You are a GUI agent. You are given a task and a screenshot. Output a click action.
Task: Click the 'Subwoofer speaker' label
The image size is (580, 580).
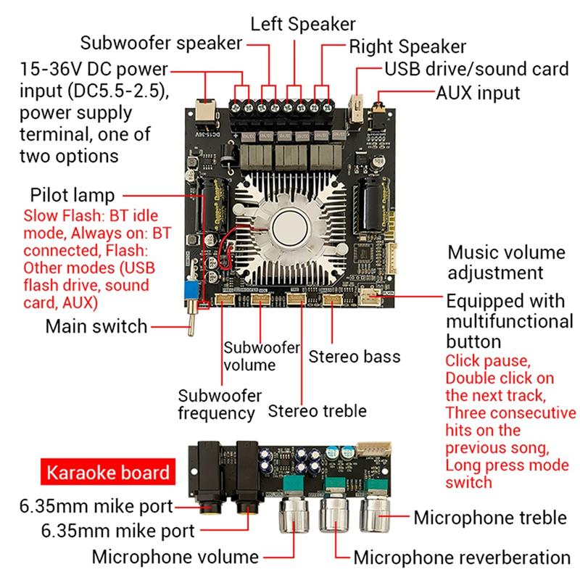[x=161, y=43]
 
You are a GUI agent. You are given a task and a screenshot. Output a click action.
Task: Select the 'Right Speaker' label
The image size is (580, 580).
[x=407, y=47]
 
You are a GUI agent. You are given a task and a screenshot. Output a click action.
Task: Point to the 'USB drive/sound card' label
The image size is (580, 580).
[x=476, y=70]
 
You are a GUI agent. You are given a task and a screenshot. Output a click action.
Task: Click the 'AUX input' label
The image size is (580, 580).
[x=478, y=93]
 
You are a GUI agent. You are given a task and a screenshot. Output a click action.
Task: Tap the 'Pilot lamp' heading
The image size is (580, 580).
[x=72, y=196]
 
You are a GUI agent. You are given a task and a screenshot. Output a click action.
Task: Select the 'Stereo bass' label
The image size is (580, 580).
[x=355, y=357]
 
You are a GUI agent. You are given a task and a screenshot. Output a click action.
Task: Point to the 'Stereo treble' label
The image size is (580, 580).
[x=318, y=410]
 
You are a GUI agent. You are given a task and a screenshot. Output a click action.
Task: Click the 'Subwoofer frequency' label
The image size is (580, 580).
[x=217, y=404]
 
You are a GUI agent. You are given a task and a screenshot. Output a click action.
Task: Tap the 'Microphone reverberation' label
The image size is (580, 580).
[x=462, y=557]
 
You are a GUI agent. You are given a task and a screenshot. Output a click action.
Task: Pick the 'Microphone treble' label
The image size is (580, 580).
[x=489, y=518]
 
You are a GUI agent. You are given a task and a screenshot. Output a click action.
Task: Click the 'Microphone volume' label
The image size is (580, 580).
[x=175, y=557]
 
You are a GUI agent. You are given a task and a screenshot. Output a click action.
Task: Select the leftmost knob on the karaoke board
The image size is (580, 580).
[x=296, y=516]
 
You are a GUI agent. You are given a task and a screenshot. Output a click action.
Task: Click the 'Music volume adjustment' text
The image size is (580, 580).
[x=505, y=262]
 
